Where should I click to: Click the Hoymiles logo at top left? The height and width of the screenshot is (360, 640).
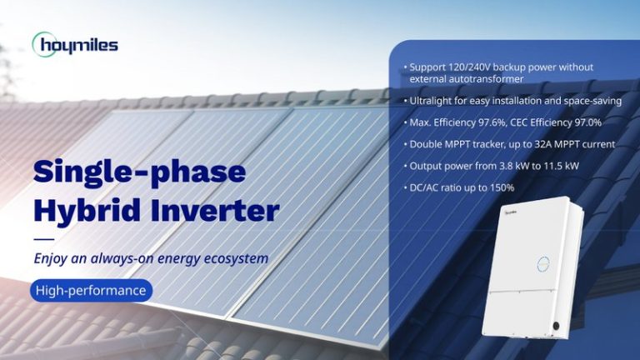pos(75,44)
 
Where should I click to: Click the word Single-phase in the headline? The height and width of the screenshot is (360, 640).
pos(139,172)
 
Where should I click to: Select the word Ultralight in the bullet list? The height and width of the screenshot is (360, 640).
pos(431,101)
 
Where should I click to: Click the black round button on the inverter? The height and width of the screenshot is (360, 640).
pos(556,323)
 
